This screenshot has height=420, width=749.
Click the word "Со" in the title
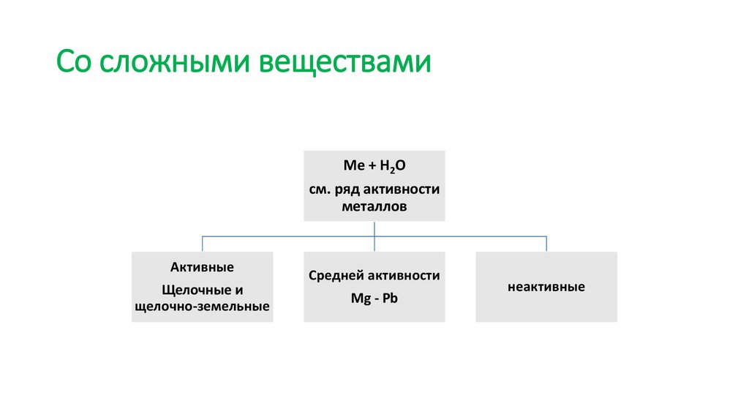click(x=75, y=62)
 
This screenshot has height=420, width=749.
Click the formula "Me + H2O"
click(x=374, y=168)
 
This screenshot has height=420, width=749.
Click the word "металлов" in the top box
click(x=374, y=207)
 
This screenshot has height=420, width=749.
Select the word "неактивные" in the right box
click(x=546, y=287)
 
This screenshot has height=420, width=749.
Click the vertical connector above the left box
click(x=202, y=244)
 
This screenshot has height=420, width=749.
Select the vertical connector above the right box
click(x=546, y=244)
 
